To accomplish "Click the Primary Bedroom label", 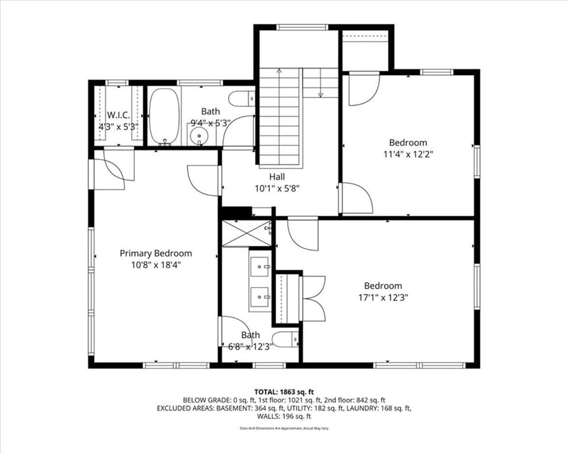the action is [x=156, y=254].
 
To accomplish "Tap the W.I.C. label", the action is [x=118, y=115].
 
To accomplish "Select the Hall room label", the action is [x=277, y=177].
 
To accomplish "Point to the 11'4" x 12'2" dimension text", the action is [x=408, y=154].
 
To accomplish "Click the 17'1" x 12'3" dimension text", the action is [x=383, y=297].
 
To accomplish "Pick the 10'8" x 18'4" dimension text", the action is [x=156, y=265].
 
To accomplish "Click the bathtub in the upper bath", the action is [x=164, y=116].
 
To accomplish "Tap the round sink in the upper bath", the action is [x=199, y=135].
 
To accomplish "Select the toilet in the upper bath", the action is [x=241, y=99].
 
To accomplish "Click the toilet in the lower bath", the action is [x=285, y=340].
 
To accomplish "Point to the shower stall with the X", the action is [x=246, y=233].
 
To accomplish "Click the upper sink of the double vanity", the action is [x=259, y=267].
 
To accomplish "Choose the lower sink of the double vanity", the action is [x=259, y=297].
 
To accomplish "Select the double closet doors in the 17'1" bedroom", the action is [x=313, y=298].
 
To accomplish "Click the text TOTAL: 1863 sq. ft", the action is [x=284, y=392].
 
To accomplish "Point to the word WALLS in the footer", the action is [x=267, y=416].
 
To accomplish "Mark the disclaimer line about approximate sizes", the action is [x=284, y=429].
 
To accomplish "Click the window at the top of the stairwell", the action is [x=302, y=27].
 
